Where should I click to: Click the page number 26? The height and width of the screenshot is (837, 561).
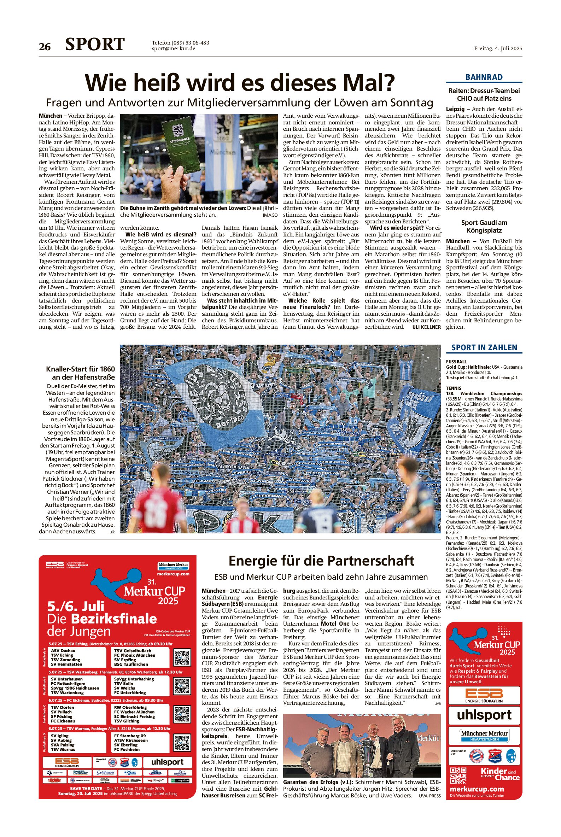(45, 47)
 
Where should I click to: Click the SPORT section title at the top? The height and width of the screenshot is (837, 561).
(95, 45)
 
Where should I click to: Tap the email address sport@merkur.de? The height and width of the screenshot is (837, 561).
(174, 49)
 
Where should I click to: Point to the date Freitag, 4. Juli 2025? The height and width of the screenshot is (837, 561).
(498, 48)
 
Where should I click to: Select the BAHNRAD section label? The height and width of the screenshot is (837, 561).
(484, 77)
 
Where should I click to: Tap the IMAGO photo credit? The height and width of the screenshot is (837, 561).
(270, 215)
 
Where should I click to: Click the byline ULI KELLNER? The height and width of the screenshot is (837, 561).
(426, 327)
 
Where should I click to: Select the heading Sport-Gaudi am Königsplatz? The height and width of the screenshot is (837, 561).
(484, 227)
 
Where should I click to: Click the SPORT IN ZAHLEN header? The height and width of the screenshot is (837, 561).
(484, 348)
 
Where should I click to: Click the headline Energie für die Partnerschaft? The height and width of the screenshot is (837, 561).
(321, 561)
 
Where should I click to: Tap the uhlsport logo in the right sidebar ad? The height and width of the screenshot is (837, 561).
(484, 715)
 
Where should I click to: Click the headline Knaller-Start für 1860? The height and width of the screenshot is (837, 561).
(81, 373)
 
